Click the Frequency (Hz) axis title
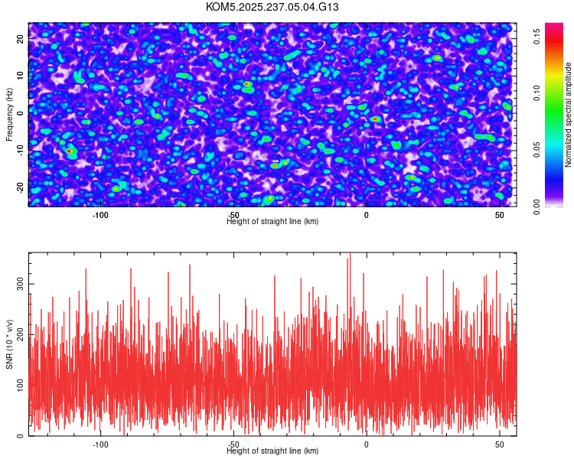coord(9,113)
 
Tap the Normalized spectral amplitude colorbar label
coord(569,115)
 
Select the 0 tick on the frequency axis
coord(21,112)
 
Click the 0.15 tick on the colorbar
coord(537,37)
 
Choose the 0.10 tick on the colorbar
coord(537,93)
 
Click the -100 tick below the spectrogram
coord(99,215)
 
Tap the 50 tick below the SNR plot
coord(500,444)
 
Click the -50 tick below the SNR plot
coord(233,444)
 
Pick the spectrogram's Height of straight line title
coord(272,221)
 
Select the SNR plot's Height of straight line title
coord(272,451)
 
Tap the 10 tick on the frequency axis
coord(21,74)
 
